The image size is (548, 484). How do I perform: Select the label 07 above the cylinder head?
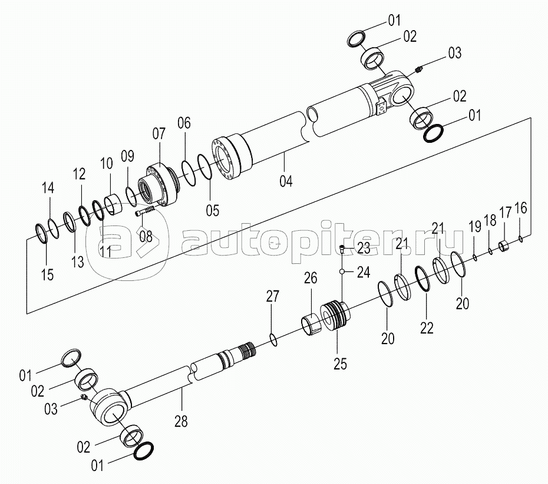(160, 133)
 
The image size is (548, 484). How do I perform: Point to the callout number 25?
(340, 364)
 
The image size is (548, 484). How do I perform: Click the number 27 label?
(272, 297)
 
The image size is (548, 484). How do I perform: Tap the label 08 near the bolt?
(145, 237)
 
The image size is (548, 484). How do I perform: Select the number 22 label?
(426, 328)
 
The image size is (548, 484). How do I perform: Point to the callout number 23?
(363, 248)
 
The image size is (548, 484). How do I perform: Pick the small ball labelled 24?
(342, 271)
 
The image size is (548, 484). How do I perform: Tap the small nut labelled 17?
(504, 245)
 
